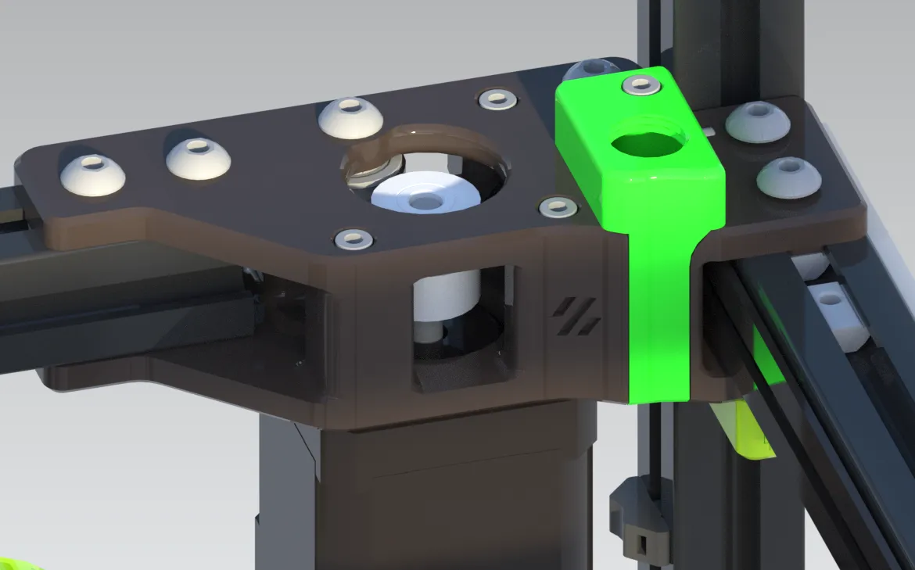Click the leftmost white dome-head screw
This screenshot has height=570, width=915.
[x=92, y=174]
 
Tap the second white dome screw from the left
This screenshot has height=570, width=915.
[x=198, y=158]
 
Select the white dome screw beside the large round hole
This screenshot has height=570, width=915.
[x=350, y=117]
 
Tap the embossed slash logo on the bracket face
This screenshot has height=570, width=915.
[x=576, y=317]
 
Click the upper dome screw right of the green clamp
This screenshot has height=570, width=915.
[x=757, y=122]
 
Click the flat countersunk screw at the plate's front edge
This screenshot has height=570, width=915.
[x=353, y=238]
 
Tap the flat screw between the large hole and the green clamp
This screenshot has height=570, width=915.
[x=558, y=207]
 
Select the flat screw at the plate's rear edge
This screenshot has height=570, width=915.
[x=497, y=99]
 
